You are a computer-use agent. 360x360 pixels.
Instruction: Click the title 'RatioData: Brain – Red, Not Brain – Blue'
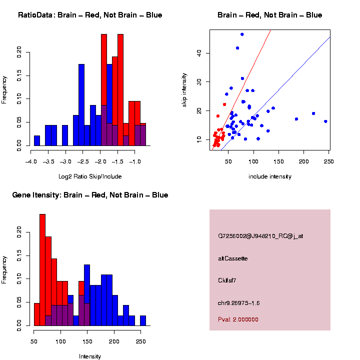tap(90, 15)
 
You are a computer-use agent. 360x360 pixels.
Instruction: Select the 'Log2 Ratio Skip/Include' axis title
tap(90, 176)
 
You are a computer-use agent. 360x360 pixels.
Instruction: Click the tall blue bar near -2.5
tap(81, 105)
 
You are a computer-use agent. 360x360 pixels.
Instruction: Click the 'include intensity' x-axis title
tap(270, 176)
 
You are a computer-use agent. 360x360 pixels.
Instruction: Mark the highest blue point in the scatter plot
tap(242, 34)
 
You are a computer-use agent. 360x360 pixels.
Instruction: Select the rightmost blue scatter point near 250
tap(325, 121)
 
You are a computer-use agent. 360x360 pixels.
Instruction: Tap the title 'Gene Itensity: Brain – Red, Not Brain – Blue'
tap(90, 195)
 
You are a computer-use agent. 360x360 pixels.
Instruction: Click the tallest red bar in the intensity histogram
tap(42, 270)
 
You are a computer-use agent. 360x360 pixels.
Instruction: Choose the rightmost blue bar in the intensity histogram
tap(143, 320)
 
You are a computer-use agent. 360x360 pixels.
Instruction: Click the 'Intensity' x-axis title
tap(90, 356)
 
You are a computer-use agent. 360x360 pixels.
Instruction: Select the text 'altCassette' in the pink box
tap(232, 258)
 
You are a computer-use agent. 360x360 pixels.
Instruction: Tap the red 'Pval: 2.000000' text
tap(238, 319)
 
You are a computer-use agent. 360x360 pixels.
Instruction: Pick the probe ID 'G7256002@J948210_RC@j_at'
tap(260, 236)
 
